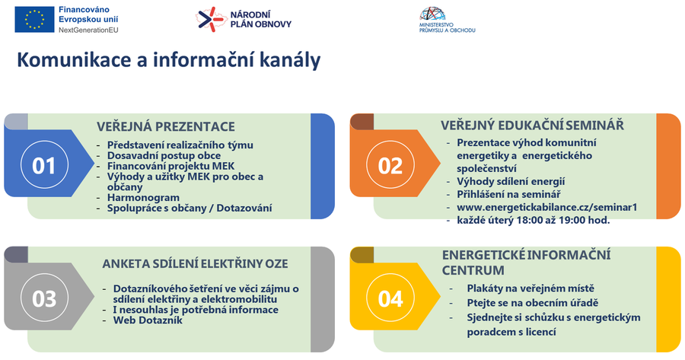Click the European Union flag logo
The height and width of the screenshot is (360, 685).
click(34, 19)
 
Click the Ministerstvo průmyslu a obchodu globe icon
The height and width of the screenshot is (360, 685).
click(432, 14)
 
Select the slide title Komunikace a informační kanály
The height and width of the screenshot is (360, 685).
click(169, 60)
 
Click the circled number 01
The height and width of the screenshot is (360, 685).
click(44, 164)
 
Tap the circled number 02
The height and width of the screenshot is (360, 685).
click(390, 164)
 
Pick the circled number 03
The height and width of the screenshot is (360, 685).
click(44, 298)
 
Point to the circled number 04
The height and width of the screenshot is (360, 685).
click(390, 298)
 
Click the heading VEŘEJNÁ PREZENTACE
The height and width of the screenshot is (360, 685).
click(166, 126)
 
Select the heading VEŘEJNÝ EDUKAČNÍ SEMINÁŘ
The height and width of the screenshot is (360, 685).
click(532, 126)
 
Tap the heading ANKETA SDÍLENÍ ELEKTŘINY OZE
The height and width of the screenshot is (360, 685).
click(195, 264)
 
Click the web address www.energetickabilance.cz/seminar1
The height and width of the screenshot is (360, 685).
click(547, 207)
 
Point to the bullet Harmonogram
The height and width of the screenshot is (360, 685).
click(143, 197)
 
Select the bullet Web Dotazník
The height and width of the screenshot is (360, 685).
click(148, 320)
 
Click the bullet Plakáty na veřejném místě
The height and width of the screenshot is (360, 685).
click(530, 288)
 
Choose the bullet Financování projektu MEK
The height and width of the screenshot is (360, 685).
click(170, 166)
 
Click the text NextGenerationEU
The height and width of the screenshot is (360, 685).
click(88, 30)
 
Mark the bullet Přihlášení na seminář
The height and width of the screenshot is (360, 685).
click(508, 194)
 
